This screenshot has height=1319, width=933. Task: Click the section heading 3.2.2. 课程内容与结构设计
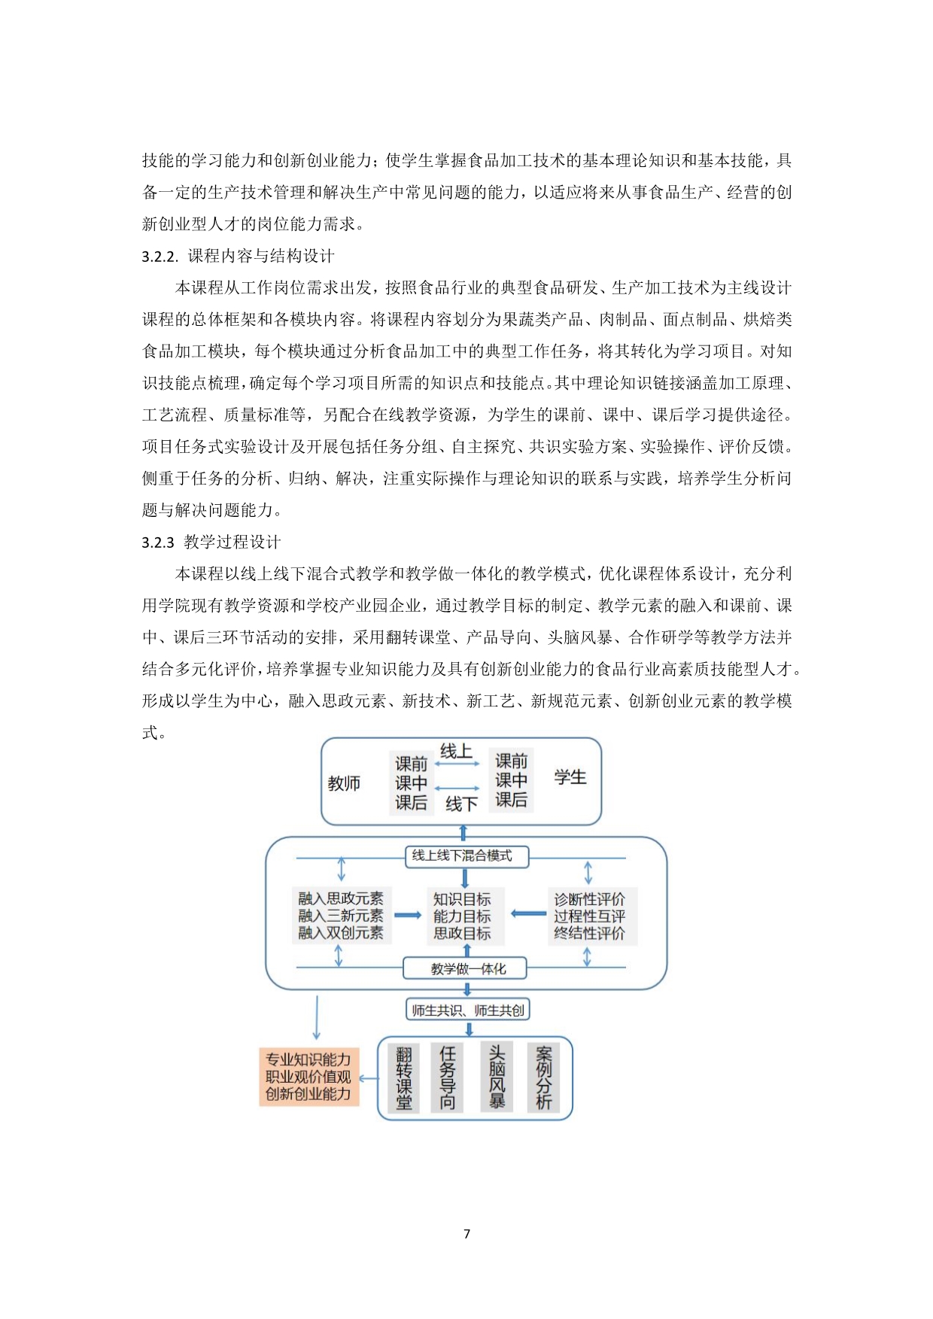(x=238, y=257)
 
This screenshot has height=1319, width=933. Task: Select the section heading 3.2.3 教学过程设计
(x=211, y=542)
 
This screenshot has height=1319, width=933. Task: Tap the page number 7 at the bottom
(x=466, y=1233)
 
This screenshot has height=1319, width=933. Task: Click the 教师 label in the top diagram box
(x=344, y=783)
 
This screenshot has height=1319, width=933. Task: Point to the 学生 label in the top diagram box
(x=570, y=777)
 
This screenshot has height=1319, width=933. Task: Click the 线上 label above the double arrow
(x=456, y=752)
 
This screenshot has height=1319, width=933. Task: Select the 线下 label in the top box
(x=461, y=804)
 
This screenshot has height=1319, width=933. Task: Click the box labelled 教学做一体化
(x=466, y=968)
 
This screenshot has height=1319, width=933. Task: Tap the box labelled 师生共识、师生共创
(x=467, y=1010)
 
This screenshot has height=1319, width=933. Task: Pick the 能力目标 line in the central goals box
(x=462, y=916)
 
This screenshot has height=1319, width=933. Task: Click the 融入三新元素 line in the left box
(x=341, y=916)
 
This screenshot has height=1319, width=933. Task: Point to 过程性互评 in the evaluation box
(x=589, y=916)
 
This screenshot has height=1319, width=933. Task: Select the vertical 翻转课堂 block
(x=404, y=1078)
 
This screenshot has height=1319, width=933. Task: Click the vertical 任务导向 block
(x=448, y=1078)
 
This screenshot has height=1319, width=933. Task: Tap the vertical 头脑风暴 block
(x=497, y=1077)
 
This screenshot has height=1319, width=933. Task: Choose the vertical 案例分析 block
(x=543, y=1078)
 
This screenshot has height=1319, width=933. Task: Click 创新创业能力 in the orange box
(x=308, y=1094)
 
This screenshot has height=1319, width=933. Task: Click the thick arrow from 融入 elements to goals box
(x=408, y=915)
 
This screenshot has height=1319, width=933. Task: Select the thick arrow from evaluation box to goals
(x=528, y=913)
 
